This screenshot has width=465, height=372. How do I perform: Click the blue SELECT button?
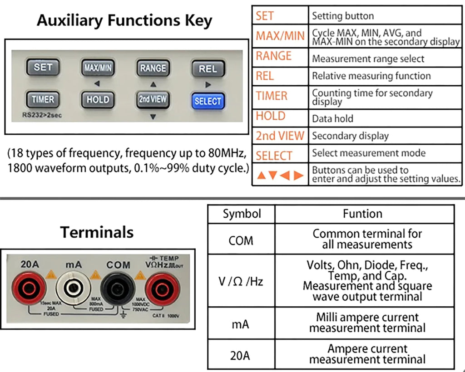pyautogui.click(x=208, y=101)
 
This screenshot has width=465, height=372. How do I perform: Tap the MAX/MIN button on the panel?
pyautogui.click(x=98, y=68)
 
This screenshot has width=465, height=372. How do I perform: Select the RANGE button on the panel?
pyautogui.click(x=153, y=68)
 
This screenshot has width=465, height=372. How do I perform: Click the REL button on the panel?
pyautogui.click(x=208, y=69)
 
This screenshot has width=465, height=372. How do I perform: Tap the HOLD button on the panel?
pyautogui.click(x=98, y=99)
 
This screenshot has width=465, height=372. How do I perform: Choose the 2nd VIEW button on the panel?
pyautogui.click(x=153, y=99)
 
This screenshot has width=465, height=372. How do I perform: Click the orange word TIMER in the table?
pyautogui.click(x=272, y=96)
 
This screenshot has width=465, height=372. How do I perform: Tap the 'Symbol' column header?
pyautogui.click(x=242, y=214)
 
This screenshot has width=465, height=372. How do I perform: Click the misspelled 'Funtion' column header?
pyautogui.click(x=362, y=214)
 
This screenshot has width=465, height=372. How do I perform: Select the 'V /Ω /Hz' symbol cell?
pyautogui.click(x=241, y=281)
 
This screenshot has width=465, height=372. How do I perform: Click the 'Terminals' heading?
pyautogui.click(x=97, y=232)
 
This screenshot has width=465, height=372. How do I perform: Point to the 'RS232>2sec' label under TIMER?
pyautogui.click(x=42, y=115)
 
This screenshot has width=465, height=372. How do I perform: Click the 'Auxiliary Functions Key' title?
pyautogui.click(x=124, y=20)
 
